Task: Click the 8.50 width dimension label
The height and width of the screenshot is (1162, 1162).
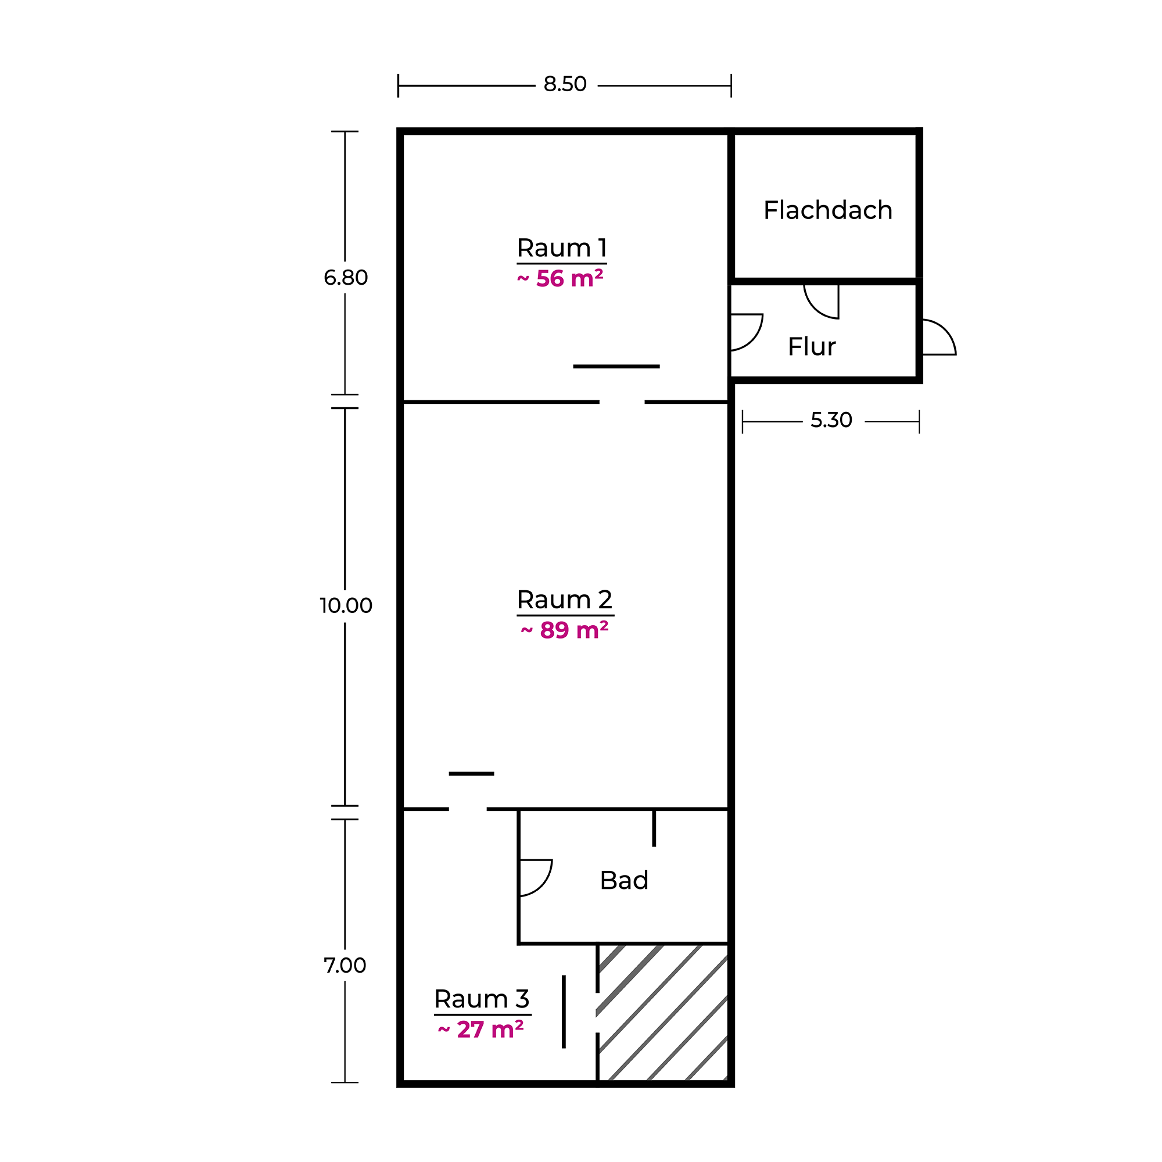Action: click(565, 84)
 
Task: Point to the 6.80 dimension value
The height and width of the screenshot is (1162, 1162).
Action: click(345, 277)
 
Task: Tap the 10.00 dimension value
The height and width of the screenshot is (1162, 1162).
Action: click(346, 605)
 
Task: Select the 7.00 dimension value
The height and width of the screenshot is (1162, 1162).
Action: click(345, 965)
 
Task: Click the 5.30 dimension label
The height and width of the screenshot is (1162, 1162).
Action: click(831, 420)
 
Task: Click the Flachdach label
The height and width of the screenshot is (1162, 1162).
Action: click(827, 210)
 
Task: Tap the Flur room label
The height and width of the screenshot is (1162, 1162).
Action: click(811, 346)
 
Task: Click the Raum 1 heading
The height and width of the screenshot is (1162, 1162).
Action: click(562, 248)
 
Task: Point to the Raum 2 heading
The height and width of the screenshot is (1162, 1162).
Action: click(565, 600)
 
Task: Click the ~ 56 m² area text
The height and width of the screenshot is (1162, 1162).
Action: click(560, 278)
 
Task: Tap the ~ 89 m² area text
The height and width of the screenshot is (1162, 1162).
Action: click(564, 630)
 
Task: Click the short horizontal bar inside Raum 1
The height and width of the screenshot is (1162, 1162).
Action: click(616, 366)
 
